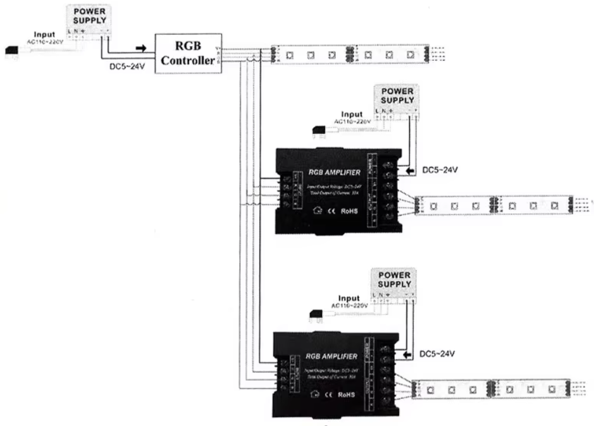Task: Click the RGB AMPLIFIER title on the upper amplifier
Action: [x=334, y=171]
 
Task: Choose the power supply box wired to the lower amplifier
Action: [x=393, y=283]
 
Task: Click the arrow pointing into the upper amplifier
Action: [x=409, y=170]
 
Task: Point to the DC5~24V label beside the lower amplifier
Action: [x=437, y=353]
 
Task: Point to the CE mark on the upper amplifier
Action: [x=330, y=210]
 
